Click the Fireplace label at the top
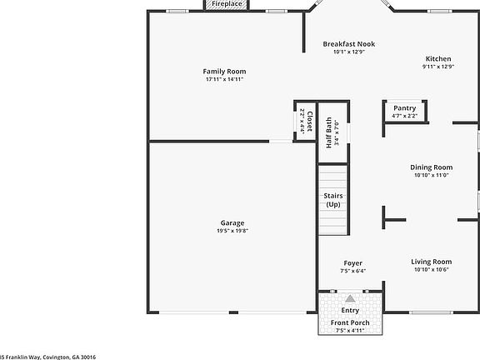pyautogui.click(x=227, y=4)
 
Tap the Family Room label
pyautogui.click(x=225, y=72)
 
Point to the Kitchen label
pyautogui.click(x=437, y=58)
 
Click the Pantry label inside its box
pyautogui.click(x=404, y=107)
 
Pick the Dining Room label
pyautogui.click(x=431, y=167)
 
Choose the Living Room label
pyautogui.click(x=431, y=262)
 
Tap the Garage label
pyautogui.click(x=232, y=222)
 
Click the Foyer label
pyautogui.click(x=352, y=262)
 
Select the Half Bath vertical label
pyautogui.click(x=329, y=132)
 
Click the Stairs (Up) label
pyautogui.click(x=332, y=200)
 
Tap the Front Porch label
pyautogui.click(x=350, y=322)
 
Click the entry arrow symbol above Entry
pyautogui.click(x=351, y=298)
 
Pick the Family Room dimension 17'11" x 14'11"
pyautogui.click(x=225, y=80)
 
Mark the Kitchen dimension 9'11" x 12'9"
pyautogui.click(x=437, y=67)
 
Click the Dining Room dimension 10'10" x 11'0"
pyautogui.click(x=431, y=175)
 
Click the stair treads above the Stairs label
pyautogui.click(x=332, y=177)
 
